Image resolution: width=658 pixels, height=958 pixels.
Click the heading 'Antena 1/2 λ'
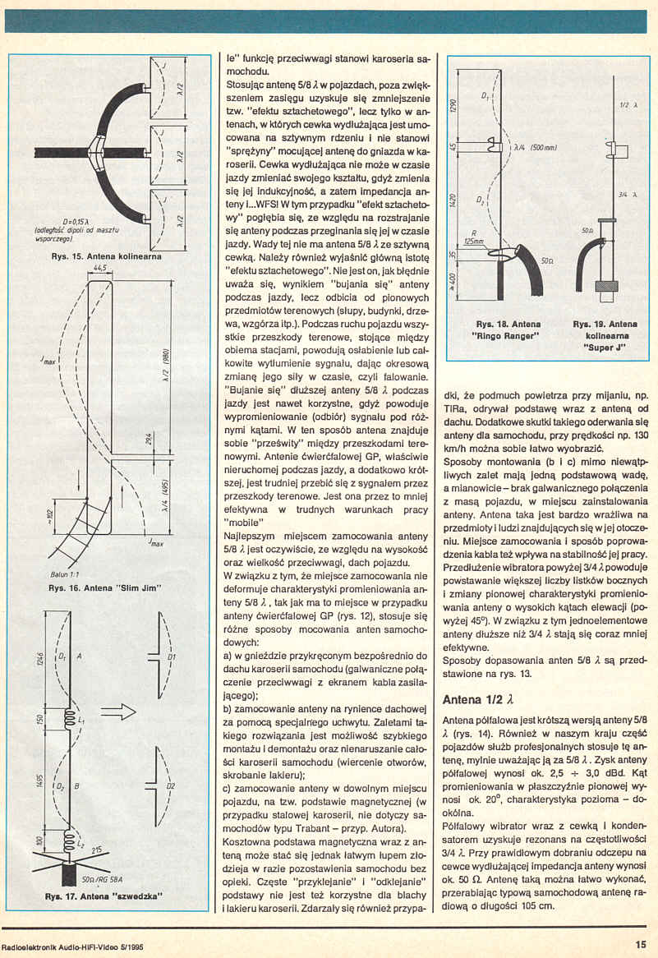point(477,701)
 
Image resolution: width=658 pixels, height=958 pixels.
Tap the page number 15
point(640,943)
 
